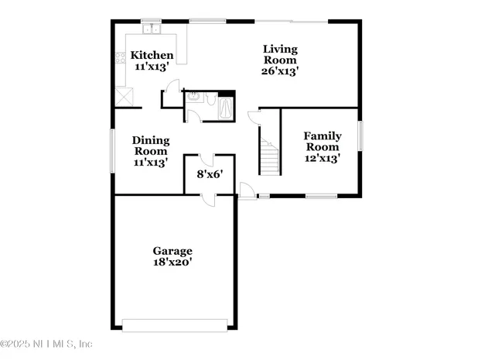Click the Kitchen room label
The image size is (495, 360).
(x=152, y=55)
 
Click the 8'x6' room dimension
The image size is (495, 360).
(x=210, y=174)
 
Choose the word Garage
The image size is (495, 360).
(x=172, y=251)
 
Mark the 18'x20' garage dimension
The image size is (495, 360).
(x=172, y=262)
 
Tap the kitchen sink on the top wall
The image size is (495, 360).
(x=152, y=30)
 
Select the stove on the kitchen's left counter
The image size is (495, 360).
(x=121, y=57)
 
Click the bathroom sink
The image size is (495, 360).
(x=194, y=98)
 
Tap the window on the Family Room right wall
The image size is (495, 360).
(x=360, y=136)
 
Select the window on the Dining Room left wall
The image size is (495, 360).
(x=113, y=151)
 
